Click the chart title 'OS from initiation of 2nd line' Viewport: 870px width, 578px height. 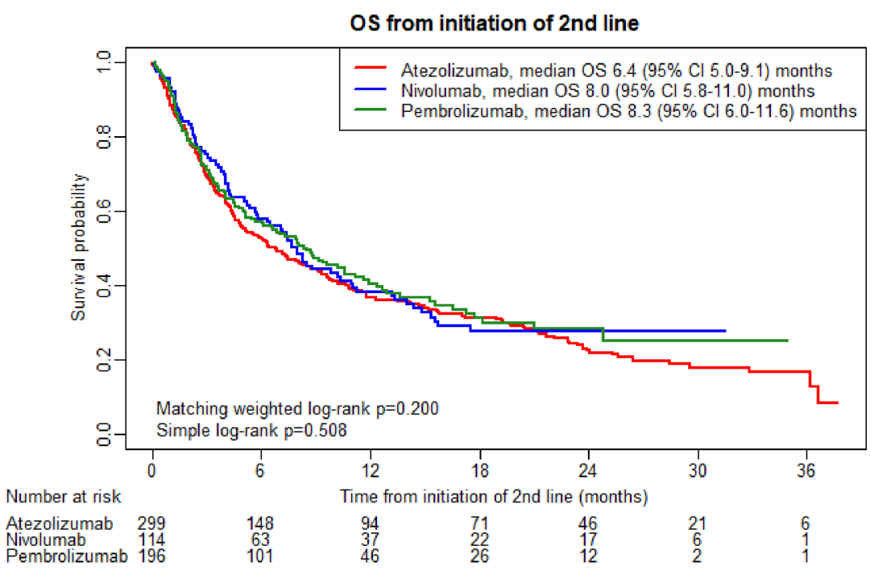[x=495, y=24]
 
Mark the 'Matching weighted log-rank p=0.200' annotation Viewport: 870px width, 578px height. [x=297, y=408]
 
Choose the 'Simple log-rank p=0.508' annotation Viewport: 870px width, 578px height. [x=251, y=431]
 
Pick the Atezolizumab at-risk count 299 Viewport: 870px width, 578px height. [x=153, y=523]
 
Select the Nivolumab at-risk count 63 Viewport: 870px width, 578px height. [x=262, y=539]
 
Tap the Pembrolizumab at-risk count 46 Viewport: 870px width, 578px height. [x=371, y=555]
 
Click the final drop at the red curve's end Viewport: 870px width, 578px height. [x=818, y=394]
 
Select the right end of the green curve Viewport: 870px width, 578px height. [x=786, y=341]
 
